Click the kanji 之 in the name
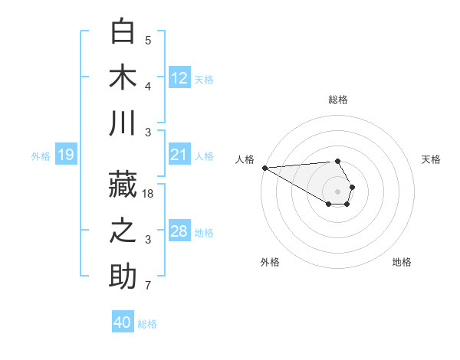pos(123,231)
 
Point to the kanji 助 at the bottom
pos(123,277)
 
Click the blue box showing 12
pos(179,77)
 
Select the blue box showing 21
pos(179,155)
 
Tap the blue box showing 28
pos(179,232)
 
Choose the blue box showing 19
pos(65,155)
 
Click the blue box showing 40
pos(123,322)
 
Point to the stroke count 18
pos(149,195)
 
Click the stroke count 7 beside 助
pos(148,286)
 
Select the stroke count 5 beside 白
pos(148,41)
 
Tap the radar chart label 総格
pos(338,100)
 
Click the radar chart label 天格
pos(431,159)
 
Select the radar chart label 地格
pos(402,262)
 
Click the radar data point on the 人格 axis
pos(264,168)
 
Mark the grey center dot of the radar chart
pos(337,191)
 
